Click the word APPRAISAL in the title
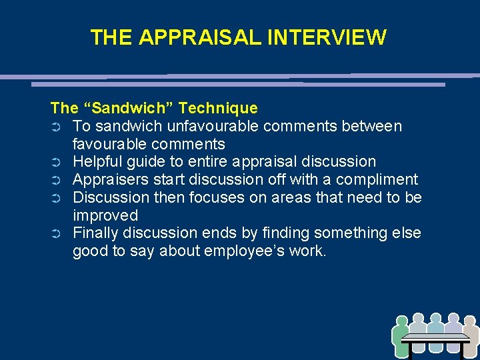pos(201,37)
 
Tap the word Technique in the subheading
pos(219,108)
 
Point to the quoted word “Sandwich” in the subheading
pos(127,108)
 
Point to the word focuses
pos(220,198)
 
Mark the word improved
pos(105,216)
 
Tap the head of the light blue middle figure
pos(436,319)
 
